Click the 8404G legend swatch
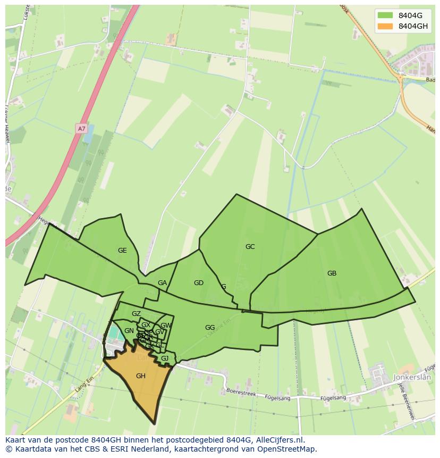(x=385, y=15)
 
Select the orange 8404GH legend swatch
(x=385, y=26)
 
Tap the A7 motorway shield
(x=81, y=129)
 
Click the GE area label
(x=122, y=251)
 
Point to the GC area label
(x=250, y=247)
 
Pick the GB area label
(x=332, y=273)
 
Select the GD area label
(x=199, y=283)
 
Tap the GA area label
(x=162, y=283)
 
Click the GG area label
(x=210, y=328)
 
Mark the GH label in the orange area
(x=140, y=376)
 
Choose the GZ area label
(x=136, y=314)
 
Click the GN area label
(x=129, y=331)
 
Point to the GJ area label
(x=165, y=359)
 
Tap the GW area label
(x=166, y=326)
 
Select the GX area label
(x=146, y=325)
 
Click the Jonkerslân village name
(x=412, y=377)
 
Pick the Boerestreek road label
(x=241, y=393)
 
